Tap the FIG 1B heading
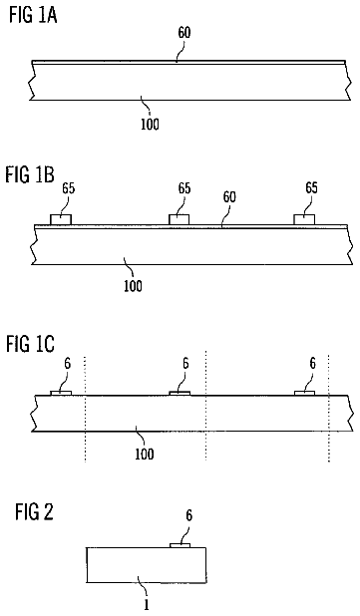[x=30, y=174]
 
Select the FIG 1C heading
[x=30, y=344]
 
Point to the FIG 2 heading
[x=34, y=512]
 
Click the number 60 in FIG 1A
[x=183, y=33]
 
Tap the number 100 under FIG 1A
[x=150, y=125]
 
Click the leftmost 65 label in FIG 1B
[x=68, y=188]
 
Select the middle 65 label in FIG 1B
[x=183, y=188]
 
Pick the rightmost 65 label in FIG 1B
[x=311, y=187]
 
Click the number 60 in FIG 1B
[x=229, y=196]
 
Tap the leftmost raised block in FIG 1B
[x=61, y=219]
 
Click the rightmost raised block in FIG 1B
[x=304, y=219]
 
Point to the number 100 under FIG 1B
[x=133, y=286]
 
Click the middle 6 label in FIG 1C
[x=185, y=364]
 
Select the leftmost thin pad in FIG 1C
[x=61, y=393]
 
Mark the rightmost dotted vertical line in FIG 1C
[x=329, y=409]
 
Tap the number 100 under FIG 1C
[x=145, y=455]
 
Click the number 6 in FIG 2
[x=189, y=515]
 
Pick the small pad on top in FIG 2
[x=180, y=545]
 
